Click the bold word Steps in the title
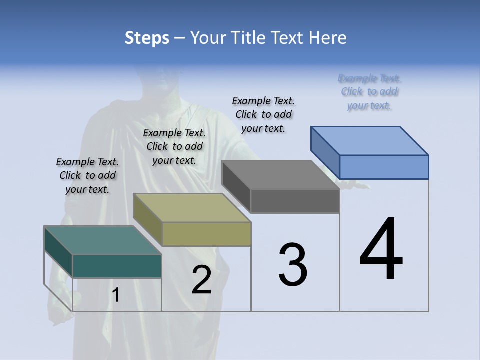(147, 38)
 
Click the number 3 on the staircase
(293, 265)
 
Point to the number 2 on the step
(201, 280)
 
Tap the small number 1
(116, 295)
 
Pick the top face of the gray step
(280, 175)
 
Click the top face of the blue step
(369, 141)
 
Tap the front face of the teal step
(117, 266)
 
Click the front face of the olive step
(206, 234)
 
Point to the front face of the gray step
(295, 201)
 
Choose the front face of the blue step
(384, 167)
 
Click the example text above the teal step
(87, 175)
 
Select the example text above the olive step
(174, 146)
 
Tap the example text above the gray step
(263, 114)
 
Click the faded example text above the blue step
(369, 92)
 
